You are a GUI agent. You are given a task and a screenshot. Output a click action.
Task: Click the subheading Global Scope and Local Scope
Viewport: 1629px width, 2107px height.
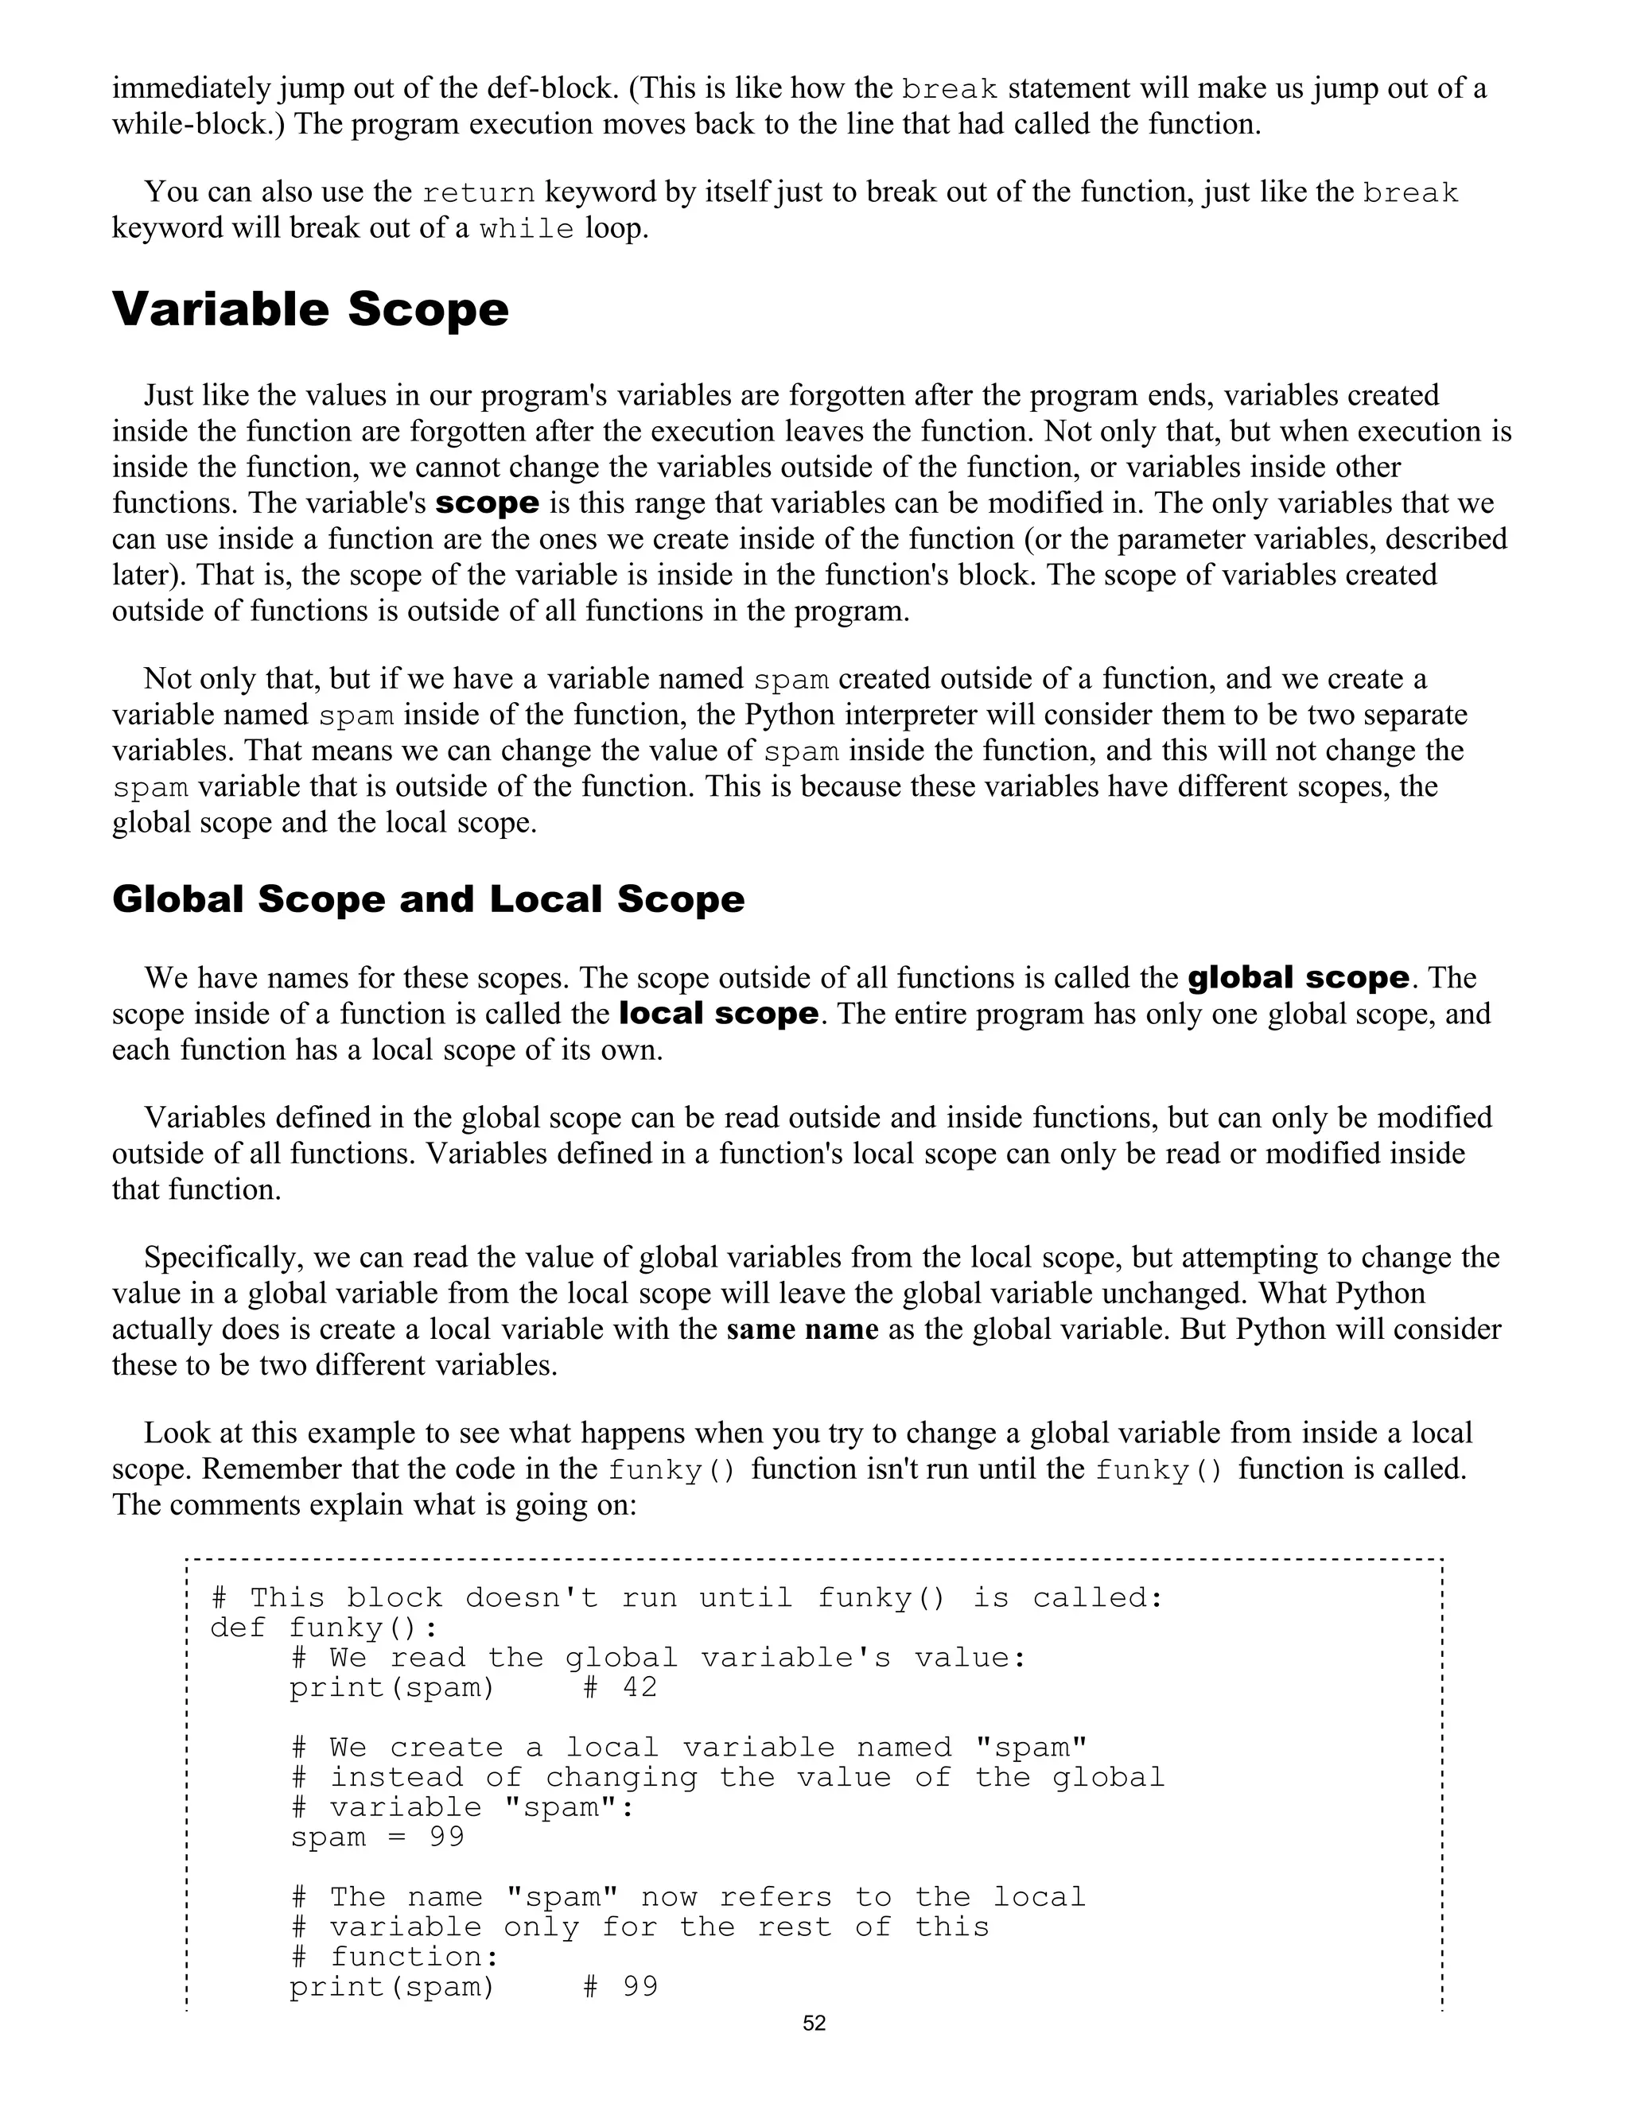pyautogui.click(x=429, y=899)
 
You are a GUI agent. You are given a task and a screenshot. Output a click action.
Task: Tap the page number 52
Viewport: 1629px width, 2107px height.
pyautogui.click(x=814, y=2023)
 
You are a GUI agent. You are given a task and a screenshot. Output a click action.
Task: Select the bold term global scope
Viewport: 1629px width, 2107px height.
pyautogui.click(x=1298, y=977)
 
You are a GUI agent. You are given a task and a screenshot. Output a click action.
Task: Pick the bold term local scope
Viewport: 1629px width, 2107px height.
pyautogui.click(x=718, y=1013)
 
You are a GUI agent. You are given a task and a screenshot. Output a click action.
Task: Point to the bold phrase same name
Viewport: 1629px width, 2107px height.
pyautogui.click(x=802, y=1329)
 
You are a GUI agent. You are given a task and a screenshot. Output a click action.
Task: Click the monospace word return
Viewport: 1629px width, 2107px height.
pyautogui.click(x=479, y=193)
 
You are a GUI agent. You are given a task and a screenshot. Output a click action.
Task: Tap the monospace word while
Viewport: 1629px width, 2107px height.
pyautogui.click(x=527, y=230)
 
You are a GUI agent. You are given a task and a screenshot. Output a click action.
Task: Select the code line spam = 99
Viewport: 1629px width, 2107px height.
pyautogui.click(x=377, y=1837)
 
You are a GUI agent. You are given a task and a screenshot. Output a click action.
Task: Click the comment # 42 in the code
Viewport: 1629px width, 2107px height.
pyautogui.click(x=620, y=1688)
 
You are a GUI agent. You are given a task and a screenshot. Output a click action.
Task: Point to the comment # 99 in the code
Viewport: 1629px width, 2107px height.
pyautogui.click(x=620, y=1988)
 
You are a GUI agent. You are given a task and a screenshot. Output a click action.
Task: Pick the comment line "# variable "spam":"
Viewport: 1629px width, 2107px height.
pyautogui.click(x=463, y=1807)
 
